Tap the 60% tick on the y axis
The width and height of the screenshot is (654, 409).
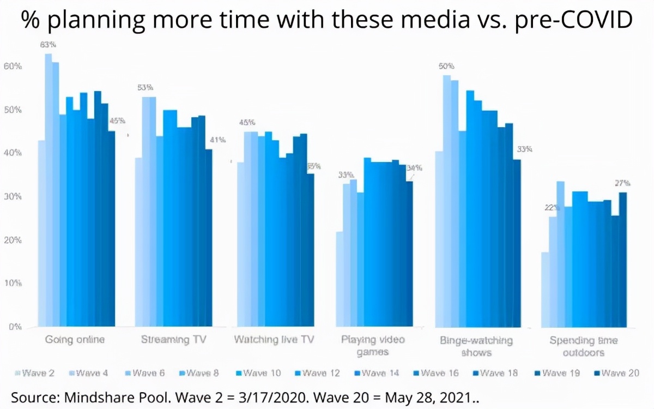[x=13, y=67]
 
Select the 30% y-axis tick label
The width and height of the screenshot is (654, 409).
[x=13, y=197]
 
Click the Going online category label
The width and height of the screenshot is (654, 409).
[x=75, y=340]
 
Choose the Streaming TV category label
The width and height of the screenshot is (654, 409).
[x=173, y=340]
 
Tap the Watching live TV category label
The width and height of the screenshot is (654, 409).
[x=274, y=340]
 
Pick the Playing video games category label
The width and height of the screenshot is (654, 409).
[x=373, y=346]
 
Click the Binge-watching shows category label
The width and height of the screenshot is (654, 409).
[x=476, y=346]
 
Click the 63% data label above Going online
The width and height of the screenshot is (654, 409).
[x=48, y=45]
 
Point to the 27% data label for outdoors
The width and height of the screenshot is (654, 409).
[x=622, y=183]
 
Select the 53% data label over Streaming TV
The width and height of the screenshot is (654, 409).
[x=146, y=88]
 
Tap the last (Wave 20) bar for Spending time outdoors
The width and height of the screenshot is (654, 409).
[x=623, y=259]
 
